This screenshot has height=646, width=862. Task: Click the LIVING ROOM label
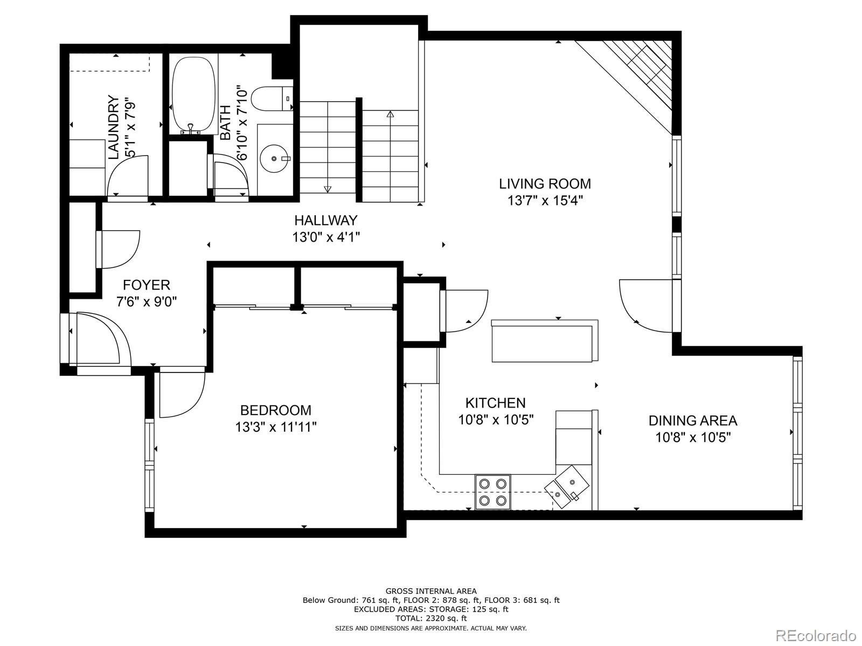(x=545, y=184)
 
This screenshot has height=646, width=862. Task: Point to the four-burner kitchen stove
(x=492, y=491)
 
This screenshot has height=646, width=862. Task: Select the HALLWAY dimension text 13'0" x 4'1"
(x=326, y=237)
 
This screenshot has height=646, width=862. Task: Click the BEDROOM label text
(x=275, y=410)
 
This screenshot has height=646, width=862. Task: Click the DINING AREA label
(x=692, y=420)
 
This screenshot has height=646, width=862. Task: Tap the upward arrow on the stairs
(x=390, y=114)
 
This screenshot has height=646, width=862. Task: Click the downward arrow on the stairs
(x=327, y=188)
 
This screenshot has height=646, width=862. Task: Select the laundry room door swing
(x=127, y=176)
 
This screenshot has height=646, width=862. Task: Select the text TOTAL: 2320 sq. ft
(x=431, y=619)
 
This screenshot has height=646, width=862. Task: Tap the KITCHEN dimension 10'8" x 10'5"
(x=496, y=420)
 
